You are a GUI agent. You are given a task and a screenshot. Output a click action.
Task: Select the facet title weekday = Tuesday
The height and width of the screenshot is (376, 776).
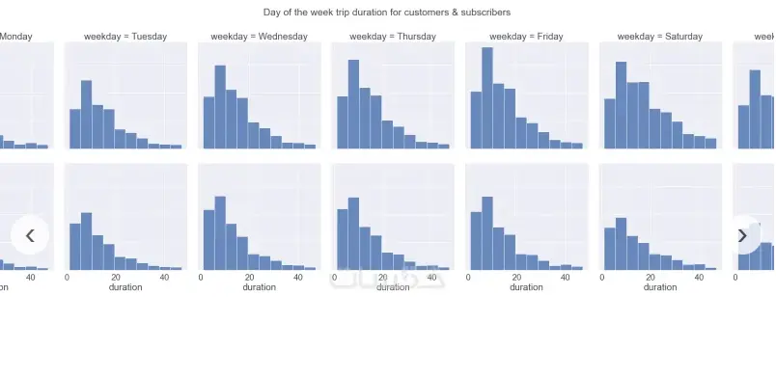click(125, 37)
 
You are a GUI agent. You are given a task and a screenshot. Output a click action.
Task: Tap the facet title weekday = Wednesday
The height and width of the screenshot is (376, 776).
click(259, 37)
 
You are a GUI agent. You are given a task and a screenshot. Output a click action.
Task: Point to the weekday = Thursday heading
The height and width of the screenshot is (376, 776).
click(392, 37)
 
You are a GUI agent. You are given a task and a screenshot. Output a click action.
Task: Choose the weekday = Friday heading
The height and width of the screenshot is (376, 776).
click(526, 37)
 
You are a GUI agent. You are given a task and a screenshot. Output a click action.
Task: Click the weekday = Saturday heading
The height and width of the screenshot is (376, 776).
click(660, 37)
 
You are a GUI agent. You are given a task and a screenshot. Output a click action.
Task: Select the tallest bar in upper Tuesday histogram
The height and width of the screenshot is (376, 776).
click(87, 114)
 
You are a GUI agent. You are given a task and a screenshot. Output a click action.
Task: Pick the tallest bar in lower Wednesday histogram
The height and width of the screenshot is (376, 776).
click(220, 233)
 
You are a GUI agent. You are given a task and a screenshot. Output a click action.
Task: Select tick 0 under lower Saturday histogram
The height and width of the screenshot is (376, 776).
click(602, 277)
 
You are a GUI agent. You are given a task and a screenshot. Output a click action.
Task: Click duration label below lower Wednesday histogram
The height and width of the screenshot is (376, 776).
click(259, 287)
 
